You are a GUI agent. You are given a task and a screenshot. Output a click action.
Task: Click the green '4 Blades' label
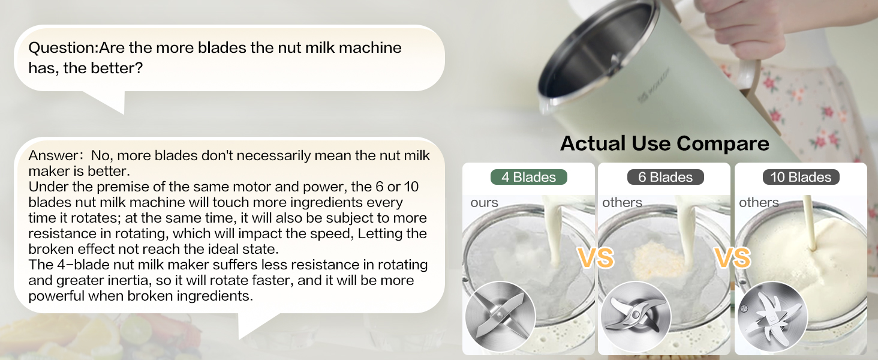(x=528, y=177)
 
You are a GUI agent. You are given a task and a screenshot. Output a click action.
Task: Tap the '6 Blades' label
(x=665, y=177)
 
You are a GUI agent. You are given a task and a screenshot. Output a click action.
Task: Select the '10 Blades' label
(x=801, y=177)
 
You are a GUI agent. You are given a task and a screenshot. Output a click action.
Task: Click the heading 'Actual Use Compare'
(x=664, y=143)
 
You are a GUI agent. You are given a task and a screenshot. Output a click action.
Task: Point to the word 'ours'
(x=484, y=203)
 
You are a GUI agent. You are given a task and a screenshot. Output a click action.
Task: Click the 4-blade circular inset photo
(x=500, y=316)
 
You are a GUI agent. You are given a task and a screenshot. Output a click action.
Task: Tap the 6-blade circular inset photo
(x=635, y=316)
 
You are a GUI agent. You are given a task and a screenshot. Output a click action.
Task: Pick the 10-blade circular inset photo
(x=772, y=316)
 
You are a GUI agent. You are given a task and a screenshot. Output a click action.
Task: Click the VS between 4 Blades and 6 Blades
(x=596, y=257)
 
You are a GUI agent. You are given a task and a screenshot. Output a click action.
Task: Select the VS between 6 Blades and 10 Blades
(x=732, y=257)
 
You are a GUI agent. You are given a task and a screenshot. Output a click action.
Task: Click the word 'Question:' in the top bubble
(x=63, y=47)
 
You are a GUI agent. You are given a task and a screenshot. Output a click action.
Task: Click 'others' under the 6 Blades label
(x=622, y=203)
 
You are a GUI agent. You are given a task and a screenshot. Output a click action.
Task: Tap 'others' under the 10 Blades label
(x=759, y=203)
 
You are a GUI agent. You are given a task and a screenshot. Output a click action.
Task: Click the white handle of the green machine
(x=747, y=66)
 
